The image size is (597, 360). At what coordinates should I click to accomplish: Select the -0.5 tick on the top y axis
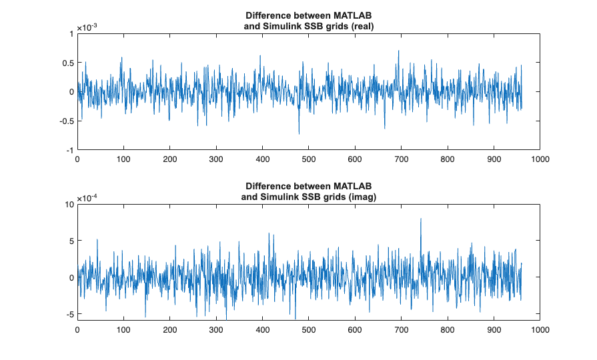(x=64, y=121)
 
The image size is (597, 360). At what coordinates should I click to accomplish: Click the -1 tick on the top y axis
(x=69, y=150)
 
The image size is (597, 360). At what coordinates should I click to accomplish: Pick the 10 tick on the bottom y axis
(x=68, y=204)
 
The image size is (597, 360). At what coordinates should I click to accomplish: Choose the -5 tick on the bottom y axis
(x=69, y=313)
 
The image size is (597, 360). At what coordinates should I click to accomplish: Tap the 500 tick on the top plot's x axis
(x=309, y=159)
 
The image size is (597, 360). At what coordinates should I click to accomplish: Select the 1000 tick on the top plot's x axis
(x=540, y=159)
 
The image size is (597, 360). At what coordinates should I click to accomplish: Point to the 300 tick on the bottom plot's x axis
(x=216, y=330)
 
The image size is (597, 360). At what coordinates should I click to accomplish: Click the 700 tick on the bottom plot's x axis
(x=402, y=330)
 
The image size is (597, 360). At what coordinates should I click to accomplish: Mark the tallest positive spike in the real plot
(x=399, y=51)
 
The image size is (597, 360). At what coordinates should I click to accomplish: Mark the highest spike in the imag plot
(x=421, y=219)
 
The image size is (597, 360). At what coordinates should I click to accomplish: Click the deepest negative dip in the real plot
(x=299, y=134)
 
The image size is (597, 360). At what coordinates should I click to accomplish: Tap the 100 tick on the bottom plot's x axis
(x=123, y=330)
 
